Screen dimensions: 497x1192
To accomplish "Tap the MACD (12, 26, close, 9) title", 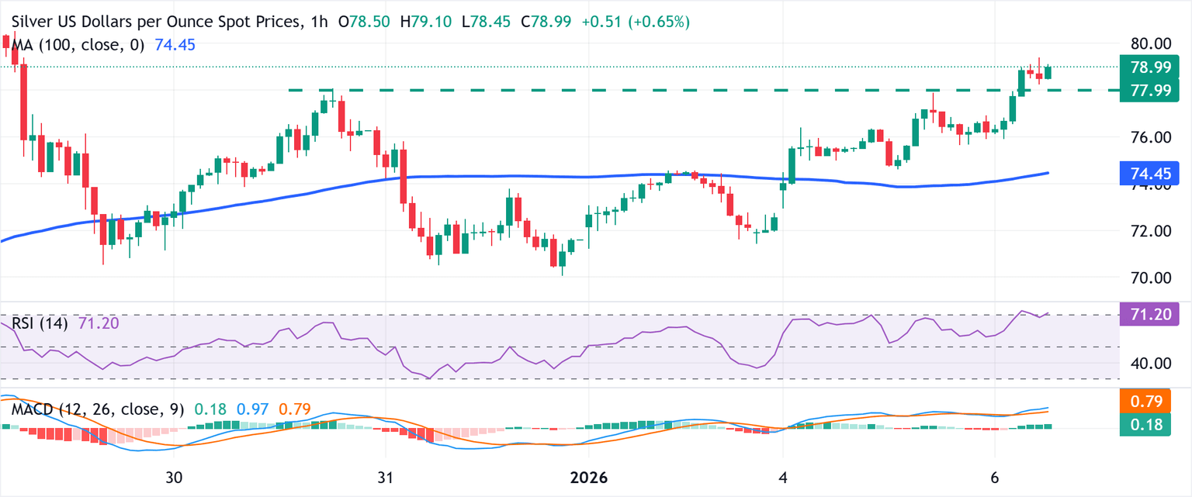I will [x=97, y=409].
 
